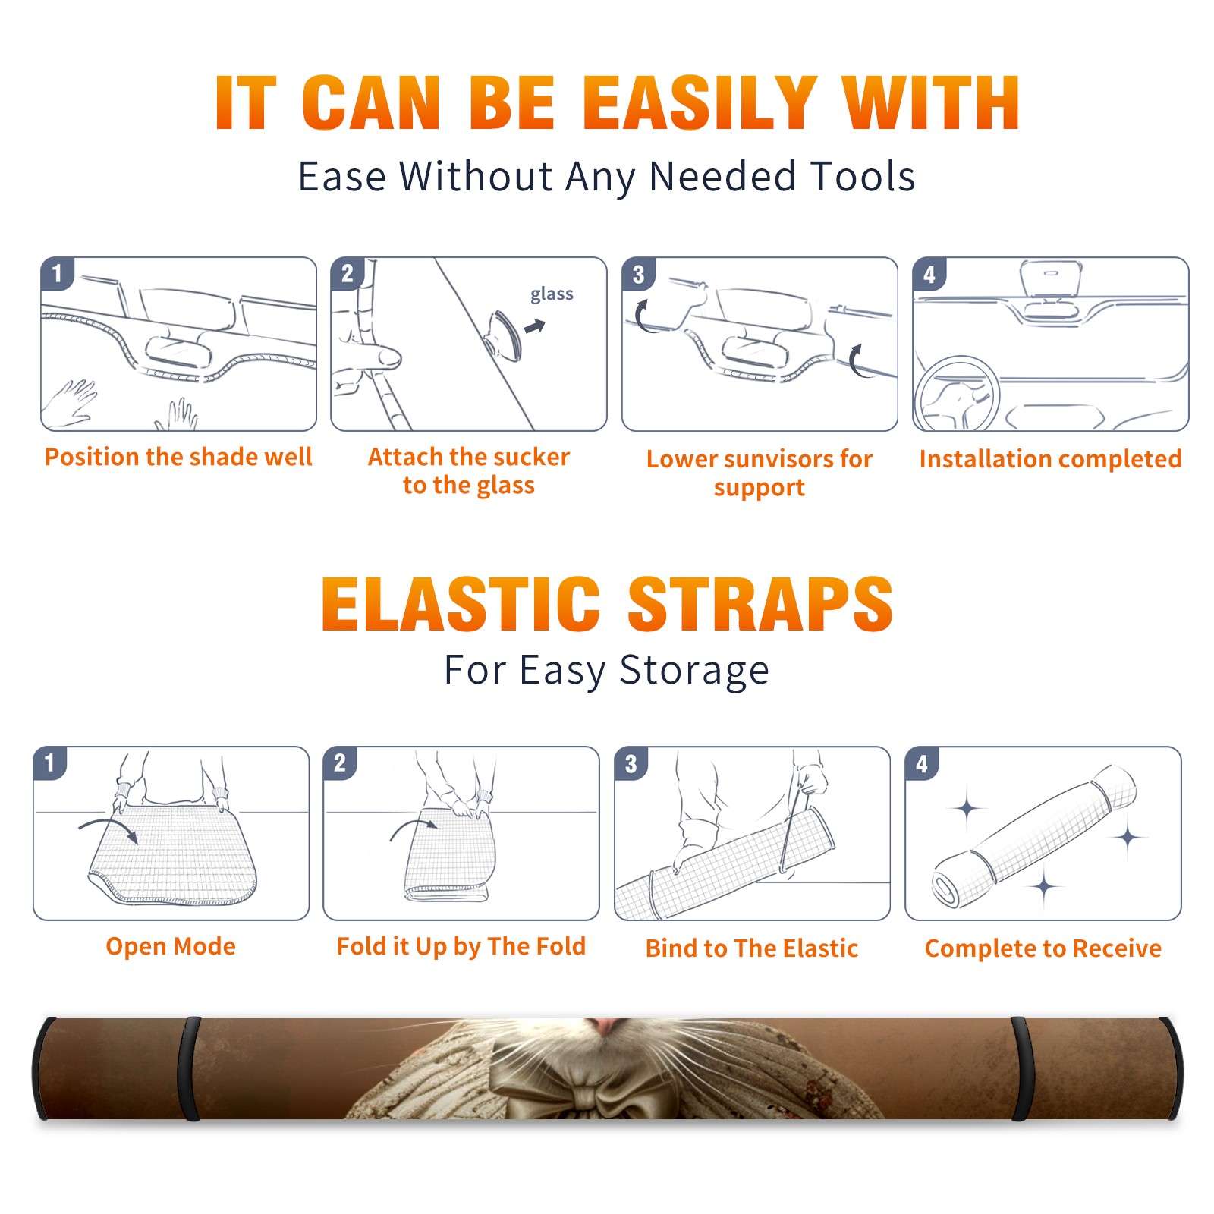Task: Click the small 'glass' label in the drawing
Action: click(552, 294)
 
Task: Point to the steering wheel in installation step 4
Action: click(957, 395)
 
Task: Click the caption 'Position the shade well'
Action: click(178, 457)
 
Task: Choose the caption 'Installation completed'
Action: click(1050, 459)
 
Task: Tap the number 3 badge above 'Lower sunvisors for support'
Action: click(638, 274)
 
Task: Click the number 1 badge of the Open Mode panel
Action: click(50, 763)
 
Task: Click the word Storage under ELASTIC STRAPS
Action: click(694, 671)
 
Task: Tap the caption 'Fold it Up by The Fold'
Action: click(461, 947)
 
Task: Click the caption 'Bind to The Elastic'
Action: click(752, 948)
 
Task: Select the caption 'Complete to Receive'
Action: click(1043, 948)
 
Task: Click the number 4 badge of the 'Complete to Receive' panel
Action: click(922, 763)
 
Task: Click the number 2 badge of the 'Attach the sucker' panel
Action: click(348, 274)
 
